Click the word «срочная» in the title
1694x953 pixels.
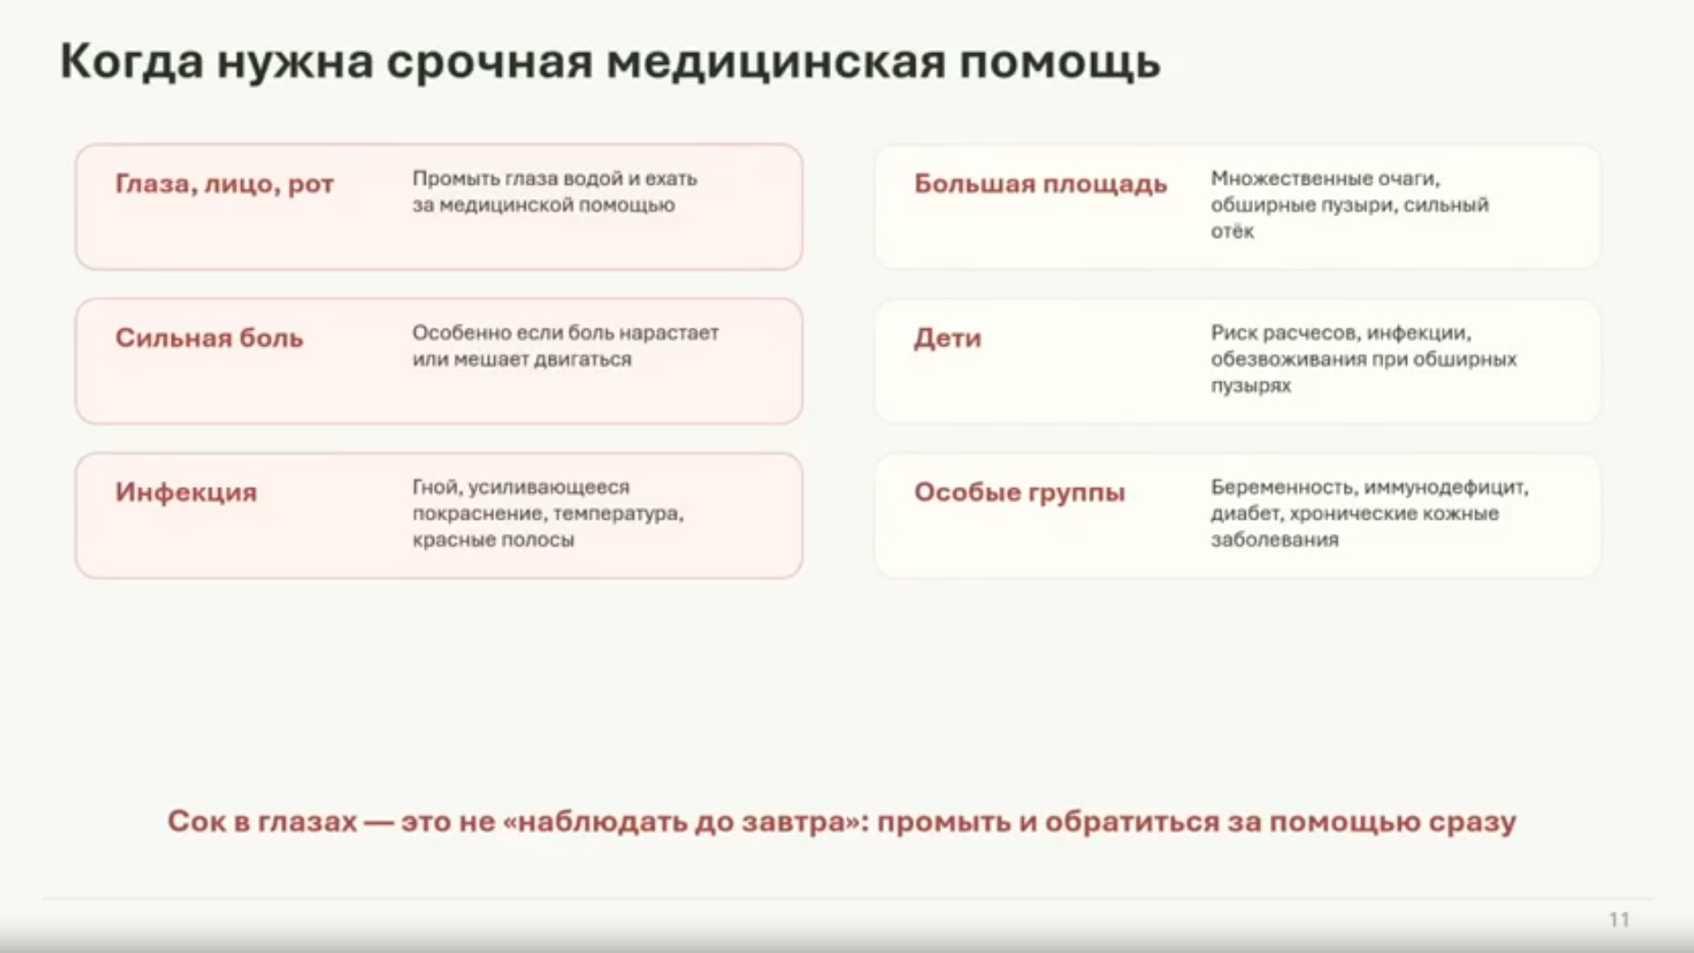pyautogui.click(x=490, y=63)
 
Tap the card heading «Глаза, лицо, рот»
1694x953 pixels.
pyautogui.click(x=224, y=185)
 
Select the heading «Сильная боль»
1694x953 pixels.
pyautogui.click(x=209, y=338)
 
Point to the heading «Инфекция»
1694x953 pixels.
pyautogui.click(x=186, y=493)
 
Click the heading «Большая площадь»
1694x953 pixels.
pyautogui.click(x=1041, y=185)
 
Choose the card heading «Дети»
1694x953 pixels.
pyautogui.click(x=948, y=339)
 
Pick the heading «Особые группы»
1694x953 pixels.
pyautogui.click(x=1020, y=493)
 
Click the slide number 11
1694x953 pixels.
pyautogui.click(x=1618, y=920)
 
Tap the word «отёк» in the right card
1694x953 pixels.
pyautogui.click(x=1232, y=231)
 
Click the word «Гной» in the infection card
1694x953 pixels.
pyautogui.click(x=437, y=487)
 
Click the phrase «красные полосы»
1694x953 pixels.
pyautogui.click(x=493, y=540)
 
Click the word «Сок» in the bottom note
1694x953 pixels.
pyautogui.click(x=196, y=821)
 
